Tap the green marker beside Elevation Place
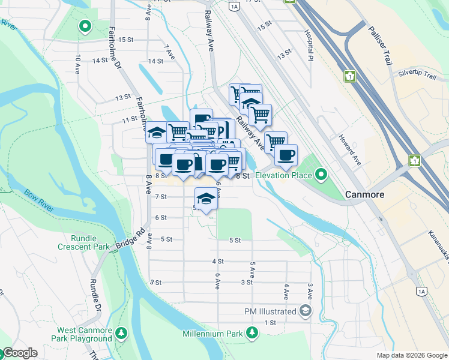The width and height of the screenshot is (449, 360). pos(321,175)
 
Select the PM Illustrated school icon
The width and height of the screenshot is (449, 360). pos(306,311)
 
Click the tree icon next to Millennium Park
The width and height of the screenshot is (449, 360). pos(253,333)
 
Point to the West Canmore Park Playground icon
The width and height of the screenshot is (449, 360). pos(121,332)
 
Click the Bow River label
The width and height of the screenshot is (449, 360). pos(40,203)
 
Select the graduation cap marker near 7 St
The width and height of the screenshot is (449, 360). pos(206,197)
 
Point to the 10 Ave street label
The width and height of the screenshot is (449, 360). pos(77,64)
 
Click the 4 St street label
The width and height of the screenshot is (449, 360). pos(218,262)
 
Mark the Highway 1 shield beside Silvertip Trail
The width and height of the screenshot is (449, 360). pos(349,76)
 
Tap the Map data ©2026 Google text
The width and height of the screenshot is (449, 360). pos(411,355)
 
